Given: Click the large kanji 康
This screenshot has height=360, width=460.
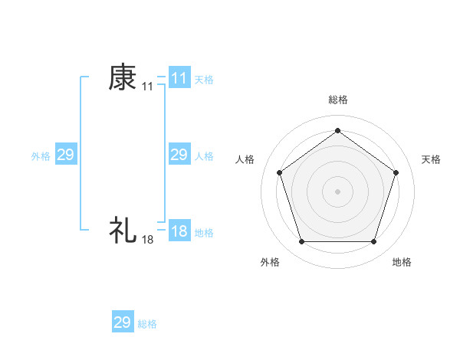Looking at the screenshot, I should pos(123,77).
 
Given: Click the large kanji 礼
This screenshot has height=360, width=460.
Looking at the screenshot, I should pos(123,229).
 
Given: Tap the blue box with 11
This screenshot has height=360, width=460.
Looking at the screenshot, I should pos(179,78).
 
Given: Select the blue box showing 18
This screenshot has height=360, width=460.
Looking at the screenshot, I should pos(179,231).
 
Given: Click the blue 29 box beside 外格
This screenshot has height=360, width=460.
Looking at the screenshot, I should pos(65,155).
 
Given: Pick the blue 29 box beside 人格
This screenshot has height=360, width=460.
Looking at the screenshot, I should pos(179,155).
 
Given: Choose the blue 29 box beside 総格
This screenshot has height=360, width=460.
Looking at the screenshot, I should pos(123,322).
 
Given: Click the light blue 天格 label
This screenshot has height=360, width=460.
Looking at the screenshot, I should pos(204,79).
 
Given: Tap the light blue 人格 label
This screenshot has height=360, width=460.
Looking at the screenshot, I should pos(204,156).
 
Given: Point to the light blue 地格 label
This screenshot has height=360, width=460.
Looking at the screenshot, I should pos(204,233).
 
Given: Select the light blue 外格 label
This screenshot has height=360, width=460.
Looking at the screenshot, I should pos(41,156).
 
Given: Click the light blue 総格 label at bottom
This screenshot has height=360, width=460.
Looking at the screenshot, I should pos(147,324).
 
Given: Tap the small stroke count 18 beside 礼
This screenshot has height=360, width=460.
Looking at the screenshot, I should pos(147,240).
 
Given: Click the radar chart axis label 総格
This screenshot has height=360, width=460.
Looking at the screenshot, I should pos(337,100).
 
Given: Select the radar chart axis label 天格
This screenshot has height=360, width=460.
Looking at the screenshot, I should pos(431,159).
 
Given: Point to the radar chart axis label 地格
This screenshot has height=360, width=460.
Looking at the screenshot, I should pos(402,263).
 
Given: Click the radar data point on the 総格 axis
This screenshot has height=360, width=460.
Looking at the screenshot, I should pos(337,130).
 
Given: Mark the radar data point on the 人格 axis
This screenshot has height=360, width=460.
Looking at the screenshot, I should pos(279,172).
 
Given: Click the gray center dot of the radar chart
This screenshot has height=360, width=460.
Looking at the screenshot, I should pos(337,191).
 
